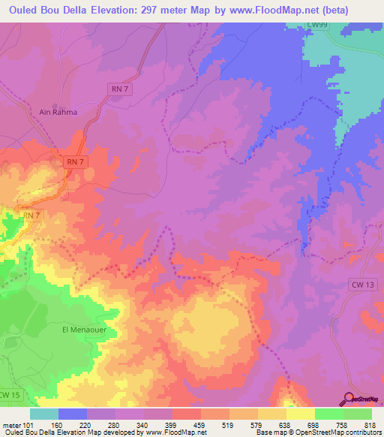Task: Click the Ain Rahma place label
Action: click(58, 113)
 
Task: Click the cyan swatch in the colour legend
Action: click(43, 414)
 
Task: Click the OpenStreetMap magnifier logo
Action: click(348, 398)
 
